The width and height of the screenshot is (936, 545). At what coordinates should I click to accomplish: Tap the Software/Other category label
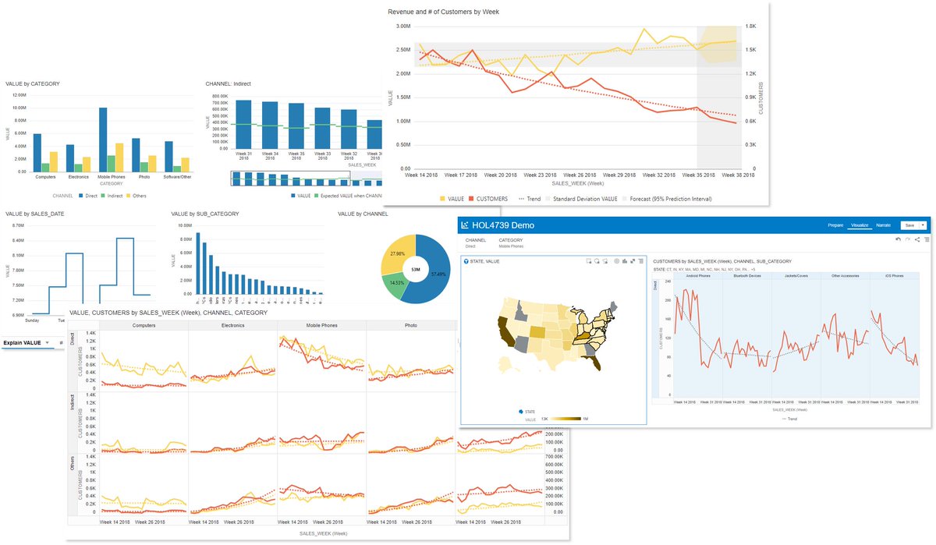tap(176, 176)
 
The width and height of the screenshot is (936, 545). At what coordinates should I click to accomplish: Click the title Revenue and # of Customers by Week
tap(443, 12)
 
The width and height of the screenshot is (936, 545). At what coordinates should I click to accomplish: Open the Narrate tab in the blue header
tap(883, 225)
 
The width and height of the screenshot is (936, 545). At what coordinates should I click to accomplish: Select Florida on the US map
tap(596, 359)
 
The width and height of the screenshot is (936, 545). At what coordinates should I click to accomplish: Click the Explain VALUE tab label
tap(22, 342)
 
